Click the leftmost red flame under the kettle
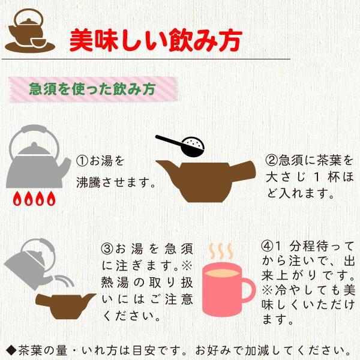[x=17, y=198]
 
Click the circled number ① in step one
[x=82, y=161]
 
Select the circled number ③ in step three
[x=107, y=248]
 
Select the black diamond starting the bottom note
[x=10, y=349]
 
